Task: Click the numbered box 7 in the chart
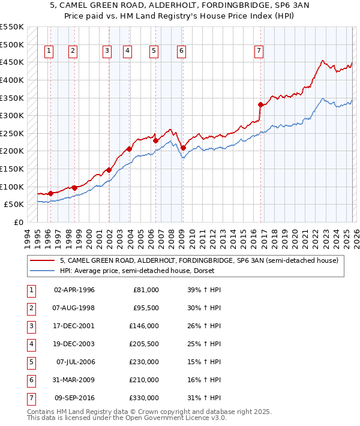click(259, 52)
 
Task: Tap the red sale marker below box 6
click(183, 148)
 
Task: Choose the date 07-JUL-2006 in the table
click(75, 362)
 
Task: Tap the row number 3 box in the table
click(31, 326)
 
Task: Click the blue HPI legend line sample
click(43, 271)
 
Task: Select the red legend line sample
click(43, 260)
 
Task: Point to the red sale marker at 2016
click(260, 104)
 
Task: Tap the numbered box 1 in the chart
click(48, 52)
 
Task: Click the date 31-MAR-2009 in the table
click(75, 380)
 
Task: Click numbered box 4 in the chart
click(128, 52)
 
